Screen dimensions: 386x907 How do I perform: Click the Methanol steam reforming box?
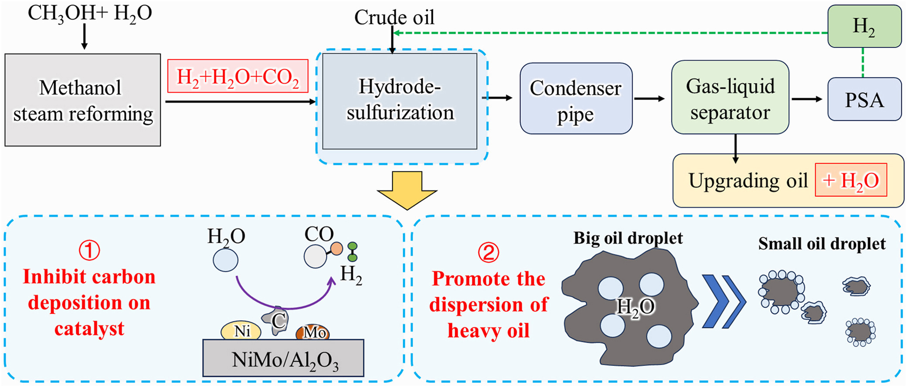point(83,100)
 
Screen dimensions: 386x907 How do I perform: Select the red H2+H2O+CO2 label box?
point(238,76)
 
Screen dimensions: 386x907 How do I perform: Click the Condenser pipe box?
point(576,99)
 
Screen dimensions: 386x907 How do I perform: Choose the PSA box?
point(864,99)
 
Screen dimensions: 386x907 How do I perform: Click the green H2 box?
point(864,26)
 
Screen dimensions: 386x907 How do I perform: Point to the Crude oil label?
point(394,17)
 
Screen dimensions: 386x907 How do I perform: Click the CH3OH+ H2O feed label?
point(90,13)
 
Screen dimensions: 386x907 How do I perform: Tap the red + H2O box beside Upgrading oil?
point(851,180)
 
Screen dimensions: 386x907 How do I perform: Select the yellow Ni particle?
point(241,331)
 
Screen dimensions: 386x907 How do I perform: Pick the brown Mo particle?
point(313,332)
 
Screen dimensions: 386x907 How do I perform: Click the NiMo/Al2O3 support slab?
point(283,359)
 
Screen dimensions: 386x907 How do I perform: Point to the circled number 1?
point(89,250)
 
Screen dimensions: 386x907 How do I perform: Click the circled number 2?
point(488,252)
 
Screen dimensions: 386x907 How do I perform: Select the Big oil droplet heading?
point(628,238)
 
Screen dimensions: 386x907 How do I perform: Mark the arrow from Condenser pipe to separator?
point(649,99)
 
